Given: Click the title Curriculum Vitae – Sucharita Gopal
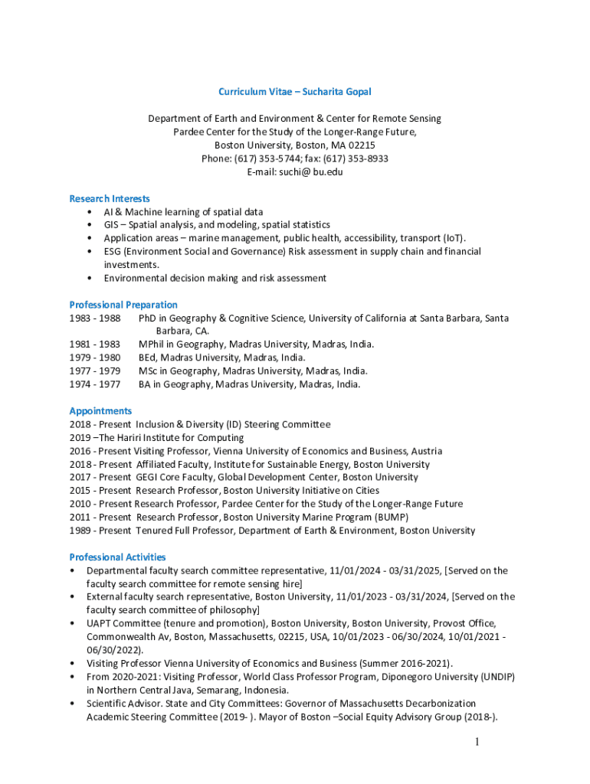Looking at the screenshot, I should pyautogui.click(x=294, y=92).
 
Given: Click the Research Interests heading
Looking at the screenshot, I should pyautogui.click(x=110, y=198).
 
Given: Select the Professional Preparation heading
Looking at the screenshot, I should pyautogui.click(x=123, y=305).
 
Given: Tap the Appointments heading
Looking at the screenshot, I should pyautogui.click(x=100, y=411).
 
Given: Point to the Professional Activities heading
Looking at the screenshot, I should pyautogui.click(x=117, y=557).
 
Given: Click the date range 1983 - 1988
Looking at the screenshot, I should pyautogui.click(x=95, y=318).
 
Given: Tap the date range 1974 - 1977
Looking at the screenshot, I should pyautogui.click(x=95, y=384).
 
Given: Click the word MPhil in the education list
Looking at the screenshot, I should pyautogui.click(x=152, y=345).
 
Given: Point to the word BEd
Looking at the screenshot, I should pyautogui.click(x=147, y=358).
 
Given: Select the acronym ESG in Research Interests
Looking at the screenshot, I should pyautogui.click(x=113, y=251).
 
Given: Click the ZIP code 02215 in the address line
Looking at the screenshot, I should pyautogui.click(x=359, y=145).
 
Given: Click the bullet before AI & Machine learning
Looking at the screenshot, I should pyautogui.click(x=91, y=212).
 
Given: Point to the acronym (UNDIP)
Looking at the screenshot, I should pyautogui.click(x=493, y=677).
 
